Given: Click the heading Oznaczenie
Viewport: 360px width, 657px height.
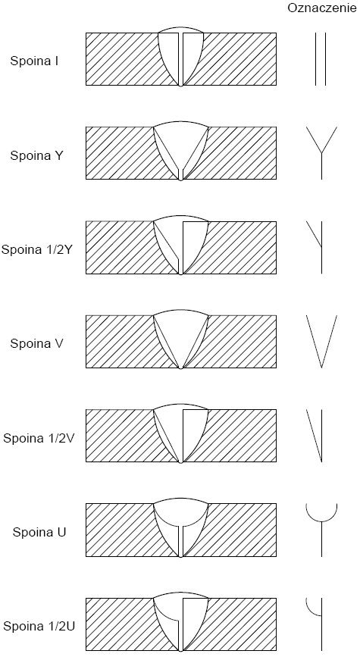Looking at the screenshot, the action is pos(322,8).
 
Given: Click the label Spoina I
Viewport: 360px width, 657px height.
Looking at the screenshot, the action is pos(34,61).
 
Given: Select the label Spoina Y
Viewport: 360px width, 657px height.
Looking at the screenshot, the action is pos(36,155).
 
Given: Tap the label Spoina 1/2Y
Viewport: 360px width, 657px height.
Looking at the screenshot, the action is pos(38,250).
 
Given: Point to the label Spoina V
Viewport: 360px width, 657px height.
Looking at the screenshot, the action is pos(36,344).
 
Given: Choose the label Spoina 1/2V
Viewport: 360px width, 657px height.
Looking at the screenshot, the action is pos(39,438).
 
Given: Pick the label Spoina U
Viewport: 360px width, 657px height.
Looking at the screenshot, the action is pos(39,533).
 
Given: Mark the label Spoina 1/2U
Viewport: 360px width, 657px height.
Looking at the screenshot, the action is pos(39,627).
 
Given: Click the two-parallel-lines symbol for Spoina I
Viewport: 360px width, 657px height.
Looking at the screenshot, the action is pos(321,59).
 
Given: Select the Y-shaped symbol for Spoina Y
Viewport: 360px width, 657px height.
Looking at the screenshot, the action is pos(321,153).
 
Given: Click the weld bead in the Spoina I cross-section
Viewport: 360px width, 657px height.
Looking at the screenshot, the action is pos(181,58).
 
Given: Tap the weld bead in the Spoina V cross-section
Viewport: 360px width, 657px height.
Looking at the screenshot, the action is pos(181,339).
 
